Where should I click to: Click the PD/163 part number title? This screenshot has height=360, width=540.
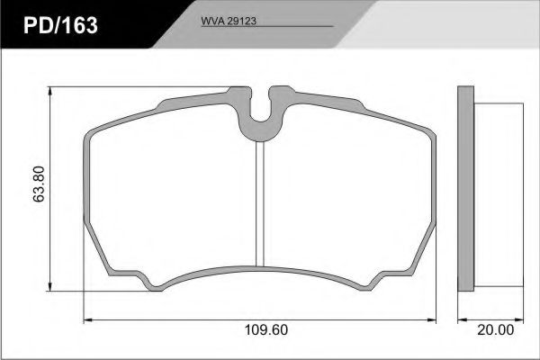(x=60, y=25)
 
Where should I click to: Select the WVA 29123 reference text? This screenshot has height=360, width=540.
(x=229, y=21)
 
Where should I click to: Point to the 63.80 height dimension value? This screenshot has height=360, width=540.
(x=39, y=184)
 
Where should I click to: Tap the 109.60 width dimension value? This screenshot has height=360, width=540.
(x=265, y=329)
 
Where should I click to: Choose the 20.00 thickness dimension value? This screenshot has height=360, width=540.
(x=495, y=329)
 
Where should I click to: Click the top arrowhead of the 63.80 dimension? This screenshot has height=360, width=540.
(x=50, y=91)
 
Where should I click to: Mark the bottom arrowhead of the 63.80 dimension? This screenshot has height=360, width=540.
(x=50, y=286)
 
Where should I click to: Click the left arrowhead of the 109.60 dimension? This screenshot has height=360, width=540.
(x=88, y=320)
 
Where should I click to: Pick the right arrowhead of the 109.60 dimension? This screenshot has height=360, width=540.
(x=431, y=320)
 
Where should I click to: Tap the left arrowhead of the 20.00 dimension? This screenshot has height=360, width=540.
(x=463, y=320)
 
